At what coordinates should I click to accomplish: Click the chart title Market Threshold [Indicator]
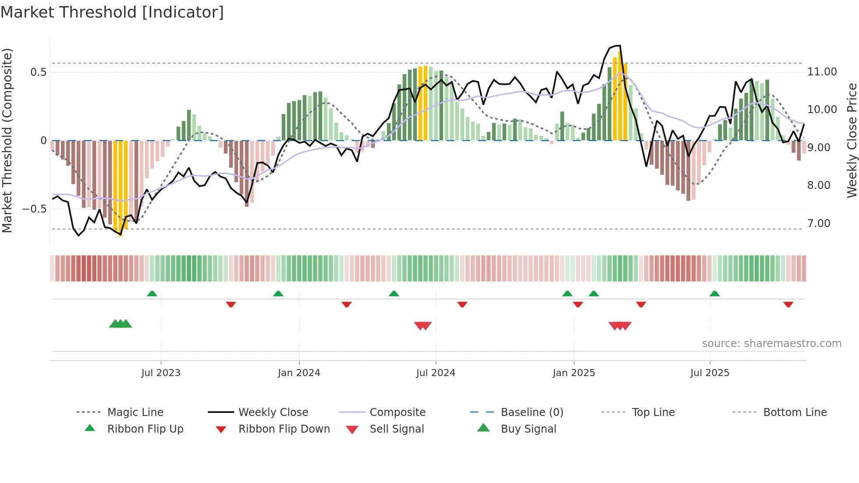click(112, 12)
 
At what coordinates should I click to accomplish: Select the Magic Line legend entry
click(135, 412)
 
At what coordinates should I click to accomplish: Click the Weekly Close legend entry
click(273, 412)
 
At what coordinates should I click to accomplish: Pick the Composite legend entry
click(398, 412)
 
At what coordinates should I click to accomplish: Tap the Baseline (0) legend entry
click(532, 412)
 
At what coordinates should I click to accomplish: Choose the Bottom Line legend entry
click(795, 412)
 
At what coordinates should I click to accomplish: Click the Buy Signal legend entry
click(528, 429)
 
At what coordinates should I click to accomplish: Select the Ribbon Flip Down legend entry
click(284, 429)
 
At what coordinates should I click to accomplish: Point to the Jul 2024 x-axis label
click(436, 373)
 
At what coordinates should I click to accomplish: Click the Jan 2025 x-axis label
click(574, 373)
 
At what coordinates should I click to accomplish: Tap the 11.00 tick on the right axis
click(822, 71)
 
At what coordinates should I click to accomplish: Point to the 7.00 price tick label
click(819, 223)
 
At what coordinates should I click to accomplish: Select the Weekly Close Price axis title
click(852, 140)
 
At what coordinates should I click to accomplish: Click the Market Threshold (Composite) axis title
click(7, 140)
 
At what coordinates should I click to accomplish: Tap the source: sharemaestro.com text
click(771, 343)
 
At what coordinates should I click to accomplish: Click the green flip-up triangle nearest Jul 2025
click(714, 293)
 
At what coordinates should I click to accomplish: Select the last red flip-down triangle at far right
click(788, 304)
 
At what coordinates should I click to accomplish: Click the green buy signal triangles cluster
click(121, 324)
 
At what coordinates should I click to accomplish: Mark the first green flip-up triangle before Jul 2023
click(152, 293)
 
